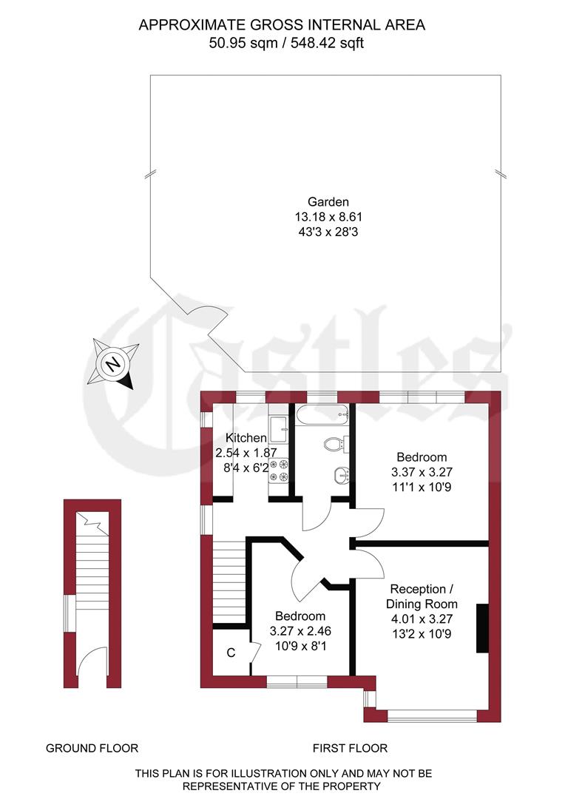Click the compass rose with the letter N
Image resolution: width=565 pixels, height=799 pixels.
113,364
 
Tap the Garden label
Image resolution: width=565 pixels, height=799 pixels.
328,202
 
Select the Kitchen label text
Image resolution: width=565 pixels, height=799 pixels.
246,437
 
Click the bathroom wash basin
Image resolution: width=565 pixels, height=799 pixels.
340,475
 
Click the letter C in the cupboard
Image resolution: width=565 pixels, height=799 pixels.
231,653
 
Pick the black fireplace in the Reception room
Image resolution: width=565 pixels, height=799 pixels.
482,629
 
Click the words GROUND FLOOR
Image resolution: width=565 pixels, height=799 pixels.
92,748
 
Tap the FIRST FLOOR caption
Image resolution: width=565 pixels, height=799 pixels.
350,748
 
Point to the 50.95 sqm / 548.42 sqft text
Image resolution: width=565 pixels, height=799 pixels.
287,43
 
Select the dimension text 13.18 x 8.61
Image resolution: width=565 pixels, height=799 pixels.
328,217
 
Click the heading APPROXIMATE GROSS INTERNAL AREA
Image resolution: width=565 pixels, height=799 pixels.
282,25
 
